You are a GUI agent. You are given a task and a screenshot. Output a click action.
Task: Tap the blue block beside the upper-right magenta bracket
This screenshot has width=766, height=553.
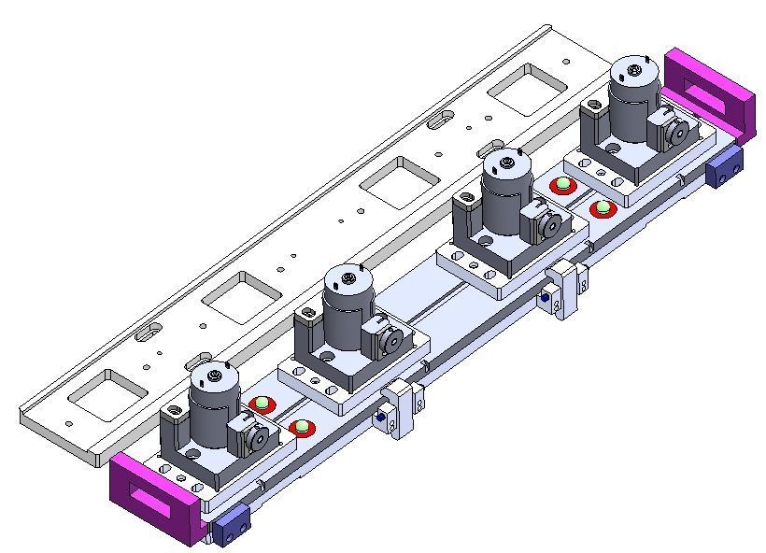[x=726, y=169]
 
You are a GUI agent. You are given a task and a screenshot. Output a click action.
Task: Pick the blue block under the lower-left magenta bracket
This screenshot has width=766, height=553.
[x=230, y=530]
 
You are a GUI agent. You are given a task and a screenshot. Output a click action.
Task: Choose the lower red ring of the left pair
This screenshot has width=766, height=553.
[x=302, y=429]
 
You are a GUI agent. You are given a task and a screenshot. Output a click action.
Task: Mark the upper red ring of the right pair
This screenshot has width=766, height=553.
[x=562, y=185]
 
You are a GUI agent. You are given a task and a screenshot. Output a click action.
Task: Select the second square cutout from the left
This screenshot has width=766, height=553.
[x=242, y=295]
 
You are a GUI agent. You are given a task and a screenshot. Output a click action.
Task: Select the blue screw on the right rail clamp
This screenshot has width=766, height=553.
[x=545, y=298]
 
